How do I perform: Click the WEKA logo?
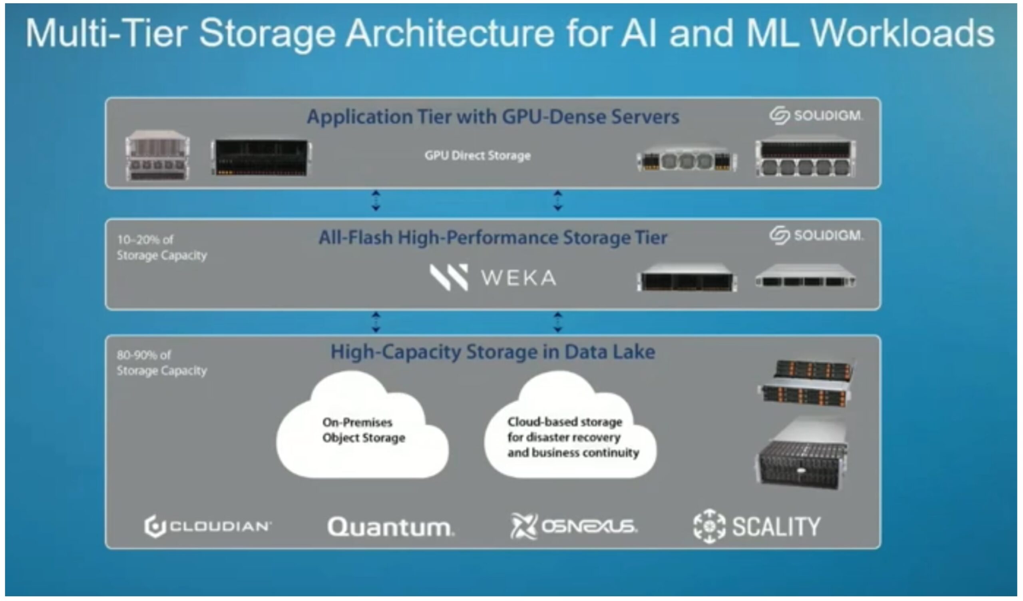[x=493, y=278]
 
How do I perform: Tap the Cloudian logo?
[x=208, y=526]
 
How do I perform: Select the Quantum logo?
[x=390, y=527]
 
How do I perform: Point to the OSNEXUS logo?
[x=573, y=526]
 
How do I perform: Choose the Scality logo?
[x=757, y=526]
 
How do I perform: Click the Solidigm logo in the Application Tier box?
[x=816, y=115]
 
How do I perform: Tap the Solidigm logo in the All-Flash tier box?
[x=816, y=235]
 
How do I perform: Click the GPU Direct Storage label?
[x=478, y=156]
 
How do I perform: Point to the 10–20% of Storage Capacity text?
[x=161, y=247]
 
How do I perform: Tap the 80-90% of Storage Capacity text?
[x=161, y=363]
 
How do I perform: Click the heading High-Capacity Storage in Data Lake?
[x=492, y=351]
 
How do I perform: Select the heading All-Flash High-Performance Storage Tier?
[x=492, y=238]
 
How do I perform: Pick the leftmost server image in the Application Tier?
[x=157, y=156]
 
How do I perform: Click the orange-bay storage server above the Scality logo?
[x=806, y=383]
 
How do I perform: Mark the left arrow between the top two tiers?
[x=376, y=201]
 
